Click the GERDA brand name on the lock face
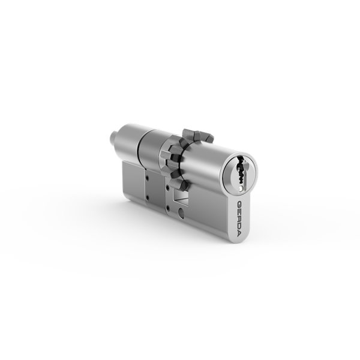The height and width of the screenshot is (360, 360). coord(239,218)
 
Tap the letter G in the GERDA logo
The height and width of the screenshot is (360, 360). coord(239,204)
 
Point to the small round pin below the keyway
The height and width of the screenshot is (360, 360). coord(241,189)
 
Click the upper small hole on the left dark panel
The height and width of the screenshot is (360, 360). coord(147,177)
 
